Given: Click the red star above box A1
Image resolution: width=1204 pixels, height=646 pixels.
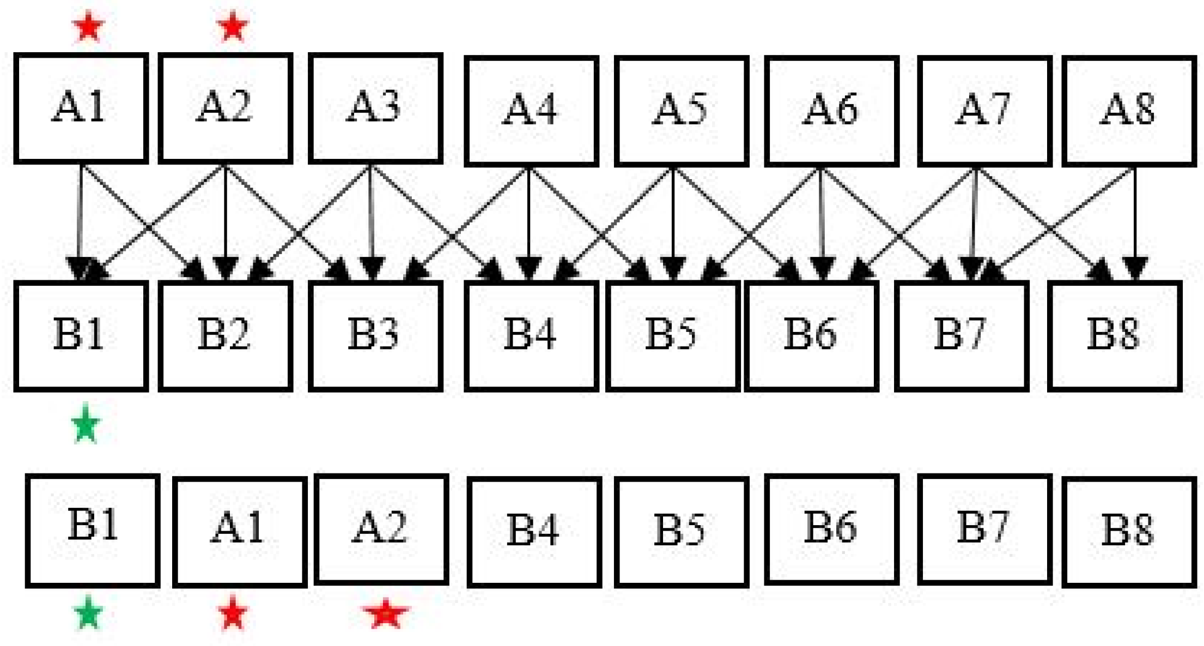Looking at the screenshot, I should click(x=88, y=27).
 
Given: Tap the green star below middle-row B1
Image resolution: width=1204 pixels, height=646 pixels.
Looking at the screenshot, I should click(x=86, y=424).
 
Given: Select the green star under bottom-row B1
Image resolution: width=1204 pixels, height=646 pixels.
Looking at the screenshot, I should click(x=88, y=613).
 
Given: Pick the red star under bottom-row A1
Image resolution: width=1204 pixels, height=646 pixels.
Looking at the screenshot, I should click(x=233, y=613).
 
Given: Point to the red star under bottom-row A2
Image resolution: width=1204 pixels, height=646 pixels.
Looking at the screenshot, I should click(x=385, y=614).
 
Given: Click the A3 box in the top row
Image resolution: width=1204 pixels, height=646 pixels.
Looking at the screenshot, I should click(x=375, y=108).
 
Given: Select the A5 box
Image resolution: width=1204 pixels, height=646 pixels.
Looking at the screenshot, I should click(x=682, y=110).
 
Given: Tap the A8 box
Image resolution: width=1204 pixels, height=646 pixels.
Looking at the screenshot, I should click(x=1129, y=110).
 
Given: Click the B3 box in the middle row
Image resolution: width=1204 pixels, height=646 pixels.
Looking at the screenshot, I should click(x=375, y=335).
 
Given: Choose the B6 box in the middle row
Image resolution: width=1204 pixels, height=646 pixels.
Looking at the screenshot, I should click(x=811, y=335).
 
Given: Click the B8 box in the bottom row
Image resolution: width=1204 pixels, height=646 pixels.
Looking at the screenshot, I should click(x=1129, y=532).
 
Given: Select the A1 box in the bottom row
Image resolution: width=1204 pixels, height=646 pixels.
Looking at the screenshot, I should click(x=240, y=532).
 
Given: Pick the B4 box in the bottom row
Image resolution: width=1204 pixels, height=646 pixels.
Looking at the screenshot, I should click(x=534, y=532).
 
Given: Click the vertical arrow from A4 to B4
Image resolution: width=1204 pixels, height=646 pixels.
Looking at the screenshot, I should click(x=528, y=218).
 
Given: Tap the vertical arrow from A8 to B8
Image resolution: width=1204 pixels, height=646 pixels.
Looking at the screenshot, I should click(x=1135, y=218).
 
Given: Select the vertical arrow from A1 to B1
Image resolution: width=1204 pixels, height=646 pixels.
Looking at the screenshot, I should click(x=80, y=218).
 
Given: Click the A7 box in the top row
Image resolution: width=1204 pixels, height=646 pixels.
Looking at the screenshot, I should click(x=984, y=110).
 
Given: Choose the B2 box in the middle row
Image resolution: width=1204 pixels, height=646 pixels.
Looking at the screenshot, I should click(x=226, y=335).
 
